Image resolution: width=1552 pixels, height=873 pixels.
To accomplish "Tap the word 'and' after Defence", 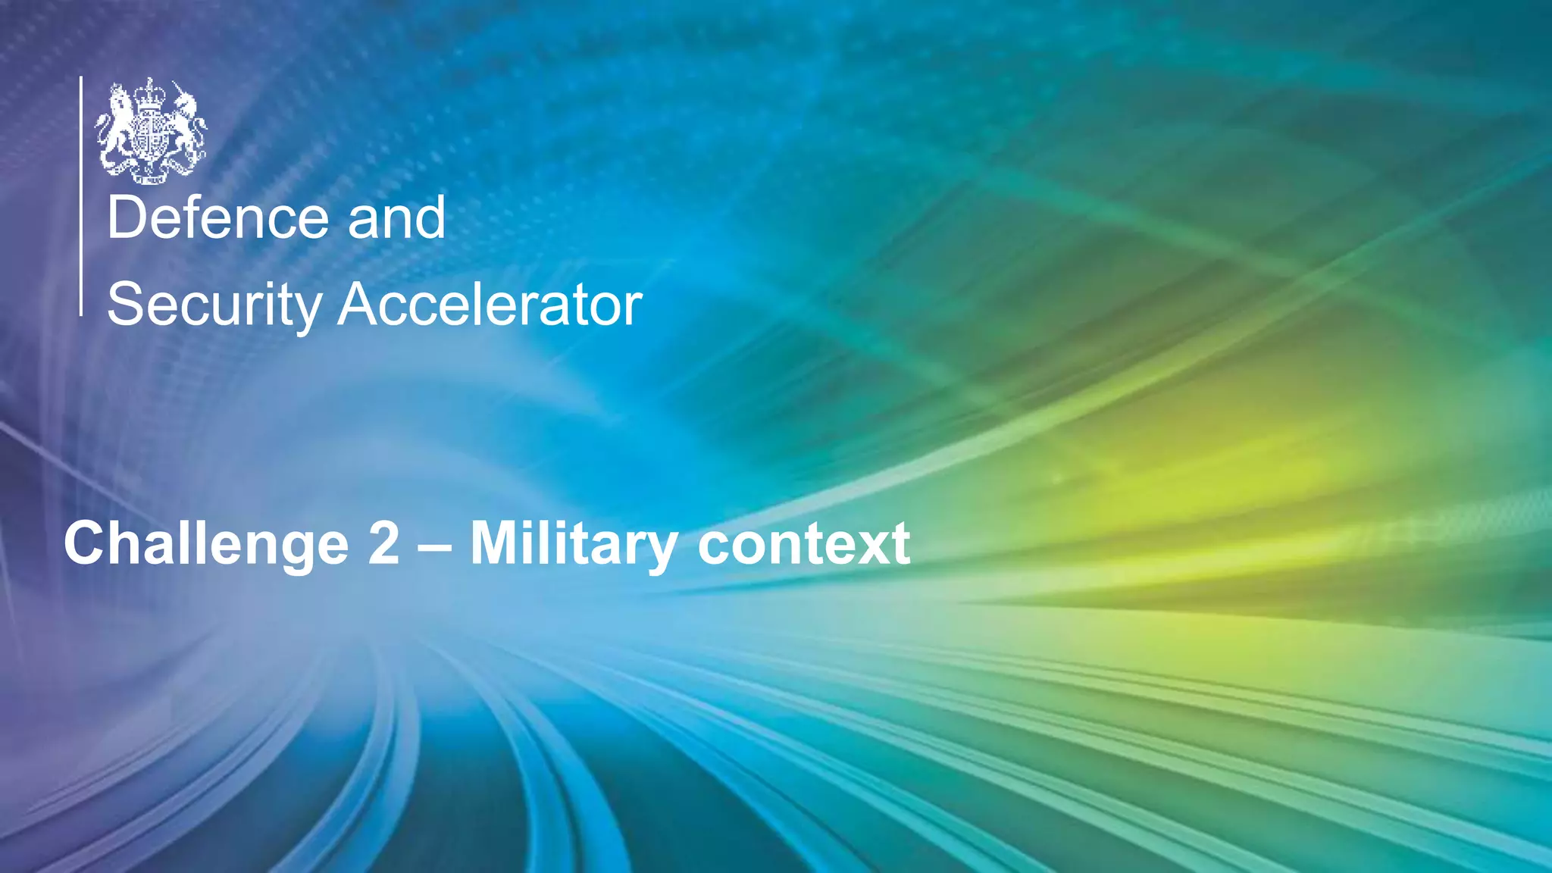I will click(x=396, y=218).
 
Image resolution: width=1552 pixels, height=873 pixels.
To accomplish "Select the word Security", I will click(x=214, y=305).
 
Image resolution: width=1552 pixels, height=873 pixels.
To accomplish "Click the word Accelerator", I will click(x=490, y=305).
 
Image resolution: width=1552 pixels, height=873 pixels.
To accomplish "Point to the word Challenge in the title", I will click(x=206, y=544).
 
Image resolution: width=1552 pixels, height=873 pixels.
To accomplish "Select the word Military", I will click(x=574, y=544).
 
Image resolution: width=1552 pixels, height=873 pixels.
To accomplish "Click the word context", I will click(x=803, y=544).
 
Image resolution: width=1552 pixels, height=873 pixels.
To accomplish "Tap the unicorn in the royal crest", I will click(x=186, y=125).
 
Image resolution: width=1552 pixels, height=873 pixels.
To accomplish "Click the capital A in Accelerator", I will click(x=361, y=305).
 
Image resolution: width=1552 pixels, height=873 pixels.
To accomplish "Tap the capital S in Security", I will click(x=126, y=305).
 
